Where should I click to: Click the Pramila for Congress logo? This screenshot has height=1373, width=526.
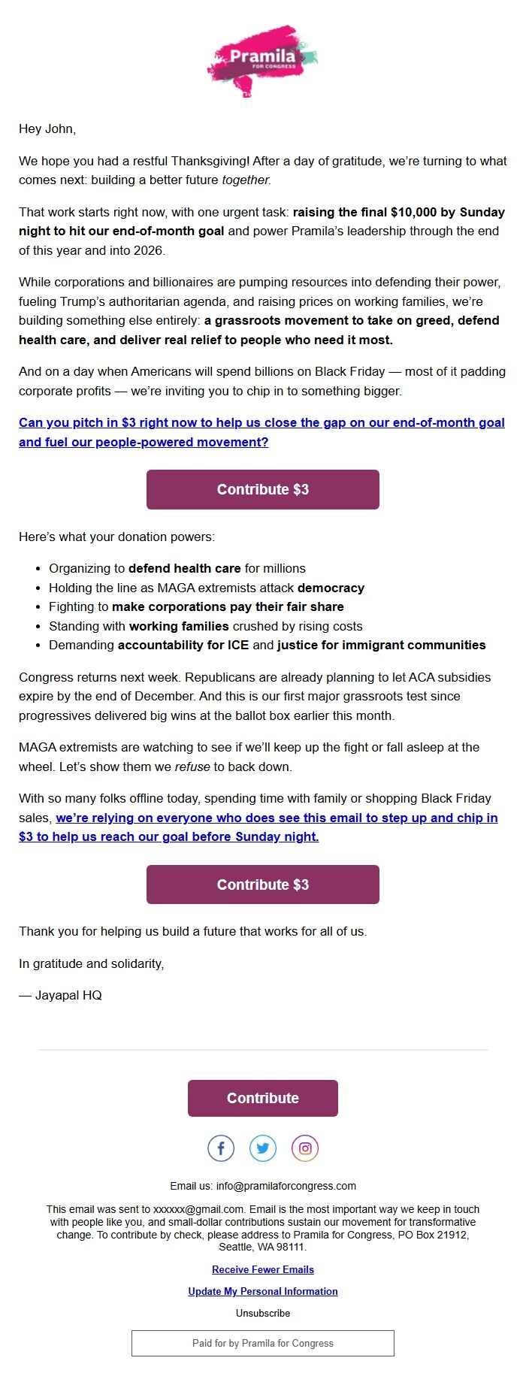pos(262,59)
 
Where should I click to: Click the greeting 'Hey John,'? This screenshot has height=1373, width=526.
pos(47,129)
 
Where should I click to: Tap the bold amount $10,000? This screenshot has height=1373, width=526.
pos(413,212)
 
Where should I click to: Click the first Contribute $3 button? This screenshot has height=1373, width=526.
pos(262,489)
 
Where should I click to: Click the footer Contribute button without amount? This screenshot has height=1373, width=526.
pos(262,1098)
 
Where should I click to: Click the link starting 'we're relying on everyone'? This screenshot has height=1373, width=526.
pos(277,818)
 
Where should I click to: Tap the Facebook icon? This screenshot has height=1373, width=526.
pos(221,1148)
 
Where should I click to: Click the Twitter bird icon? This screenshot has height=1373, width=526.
pos(263,1148)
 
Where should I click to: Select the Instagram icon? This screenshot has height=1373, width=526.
pos(305,1148)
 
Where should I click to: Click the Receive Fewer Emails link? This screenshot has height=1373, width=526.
pos(262,1269)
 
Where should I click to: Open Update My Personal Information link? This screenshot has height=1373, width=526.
pos(262,1291)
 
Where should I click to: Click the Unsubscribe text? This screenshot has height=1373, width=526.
pos(262,1313)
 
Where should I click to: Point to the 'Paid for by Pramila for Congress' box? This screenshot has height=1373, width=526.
pos(262,1343)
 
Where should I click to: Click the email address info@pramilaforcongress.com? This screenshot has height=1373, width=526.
pos(286,1186)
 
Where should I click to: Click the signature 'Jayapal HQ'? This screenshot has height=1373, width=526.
pos(68,995)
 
